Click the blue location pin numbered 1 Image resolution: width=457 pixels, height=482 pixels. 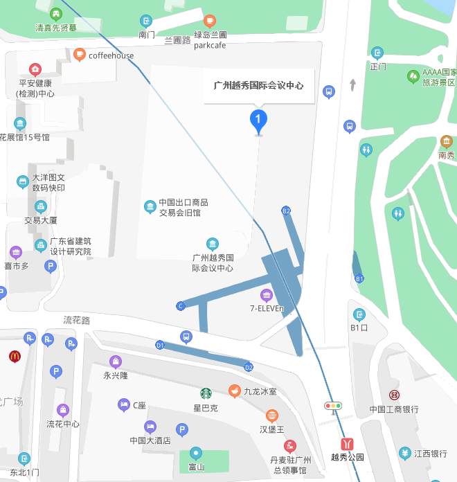[x=258, y=121]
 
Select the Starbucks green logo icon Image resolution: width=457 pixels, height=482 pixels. [x=206, y=393]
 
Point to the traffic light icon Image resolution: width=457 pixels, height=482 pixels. [x=333, y=406]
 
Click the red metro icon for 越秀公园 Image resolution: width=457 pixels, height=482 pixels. [x=347, y=443]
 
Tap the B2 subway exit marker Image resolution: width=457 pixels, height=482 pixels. [x=286, y=211]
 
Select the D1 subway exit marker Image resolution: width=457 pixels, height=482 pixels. [x=160, y=344]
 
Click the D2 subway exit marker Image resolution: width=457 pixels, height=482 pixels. [x=249, y=366]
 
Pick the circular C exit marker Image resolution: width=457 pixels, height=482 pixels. [x=181, y=306]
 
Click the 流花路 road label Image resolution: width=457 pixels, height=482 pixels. [x=77, y=320]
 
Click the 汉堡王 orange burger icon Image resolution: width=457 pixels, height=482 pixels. [x=272, y=416]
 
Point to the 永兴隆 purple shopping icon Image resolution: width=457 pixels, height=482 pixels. [x=116, y=361]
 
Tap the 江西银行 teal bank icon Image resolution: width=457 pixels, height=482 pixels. [x=404, y=454]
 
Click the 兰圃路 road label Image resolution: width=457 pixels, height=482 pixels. [x=177, y=40]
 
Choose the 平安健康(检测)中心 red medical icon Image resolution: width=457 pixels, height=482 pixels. [x=35, y=69]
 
